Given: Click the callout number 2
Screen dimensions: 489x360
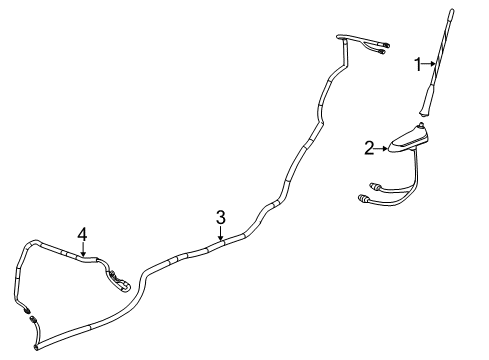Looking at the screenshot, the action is coord(369,148).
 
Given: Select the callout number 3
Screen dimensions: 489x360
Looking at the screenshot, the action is coord(221,215).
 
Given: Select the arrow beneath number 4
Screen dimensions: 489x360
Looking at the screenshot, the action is coord(83,249).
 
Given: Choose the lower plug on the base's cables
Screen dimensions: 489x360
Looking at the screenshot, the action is coord(364,200).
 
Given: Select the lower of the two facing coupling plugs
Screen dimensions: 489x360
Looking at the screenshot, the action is coord(34,321).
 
